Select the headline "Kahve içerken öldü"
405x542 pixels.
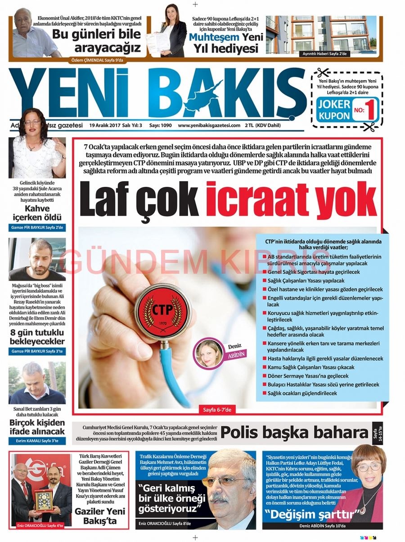pyautogui.click(x=37, y=212)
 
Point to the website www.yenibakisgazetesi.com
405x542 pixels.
pyautogui.click(x=209, y=125)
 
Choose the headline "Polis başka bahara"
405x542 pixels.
pyautogui.click(x=294, y=433)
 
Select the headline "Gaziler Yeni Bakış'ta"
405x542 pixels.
pyautogui.click(x=100, y=516)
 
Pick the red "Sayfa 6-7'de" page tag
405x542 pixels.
pyautogui.click(x=217, y=409)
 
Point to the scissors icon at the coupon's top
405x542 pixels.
pyautogui.click(x=323, y=72)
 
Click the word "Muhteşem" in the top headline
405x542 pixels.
pyautogui.click(x=214, y=37)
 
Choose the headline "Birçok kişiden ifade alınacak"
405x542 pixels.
pyautogui.click(x=37, y=427)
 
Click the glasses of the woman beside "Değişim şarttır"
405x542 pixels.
pyautogui.click(x=369, y=467)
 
